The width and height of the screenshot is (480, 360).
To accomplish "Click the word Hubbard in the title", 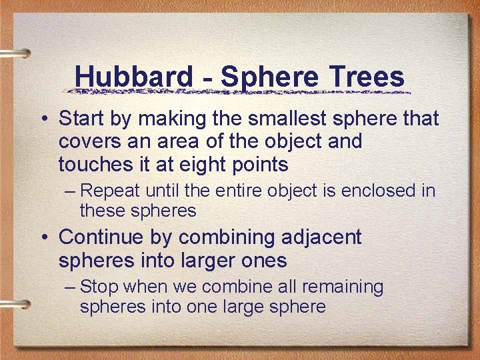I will click(x=133, y=77).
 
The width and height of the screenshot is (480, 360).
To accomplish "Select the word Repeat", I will click(x=110, y=191).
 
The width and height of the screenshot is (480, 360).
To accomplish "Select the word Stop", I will click(x=100, y=287).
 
